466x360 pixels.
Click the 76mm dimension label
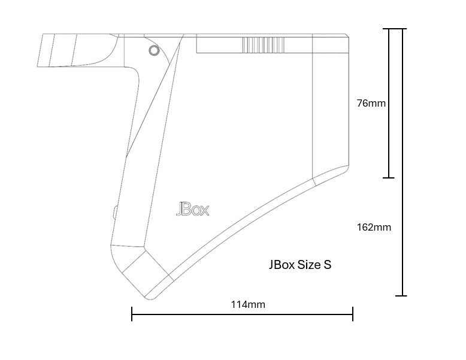tap(371, 103)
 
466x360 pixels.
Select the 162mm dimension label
tap(374, 227)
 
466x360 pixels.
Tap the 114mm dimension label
tap(248, 304)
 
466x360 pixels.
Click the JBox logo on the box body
tap(193, 210)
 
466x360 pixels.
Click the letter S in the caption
tap(327, 265)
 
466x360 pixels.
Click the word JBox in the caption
tap(282, 265)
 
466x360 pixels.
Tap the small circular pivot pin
tap(154, 50)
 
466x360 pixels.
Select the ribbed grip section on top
tap(263, 45)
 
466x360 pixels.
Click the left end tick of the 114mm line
tap(132, 314)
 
